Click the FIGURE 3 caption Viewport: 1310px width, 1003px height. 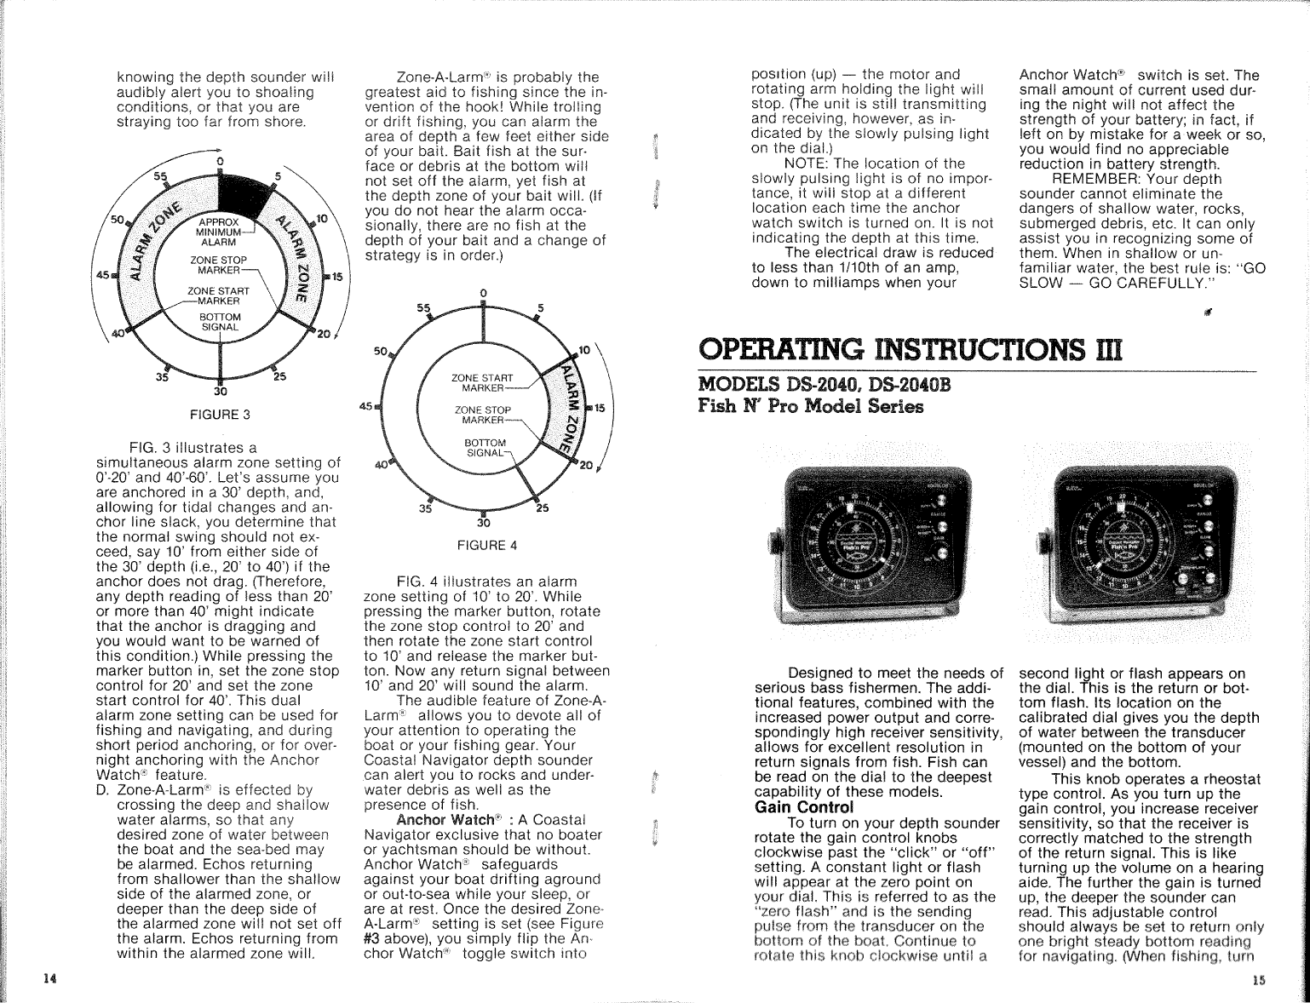pos(220,415)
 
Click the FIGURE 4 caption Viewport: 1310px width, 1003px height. pos(484,545)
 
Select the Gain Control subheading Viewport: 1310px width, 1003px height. pos(804,807)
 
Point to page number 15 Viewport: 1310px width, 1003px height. pos(1259,980)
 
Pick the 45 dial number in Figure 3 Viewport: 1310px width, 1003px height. pos(103,275)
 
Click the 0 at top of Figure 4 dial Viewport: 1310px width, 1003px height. pos(483,293)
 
